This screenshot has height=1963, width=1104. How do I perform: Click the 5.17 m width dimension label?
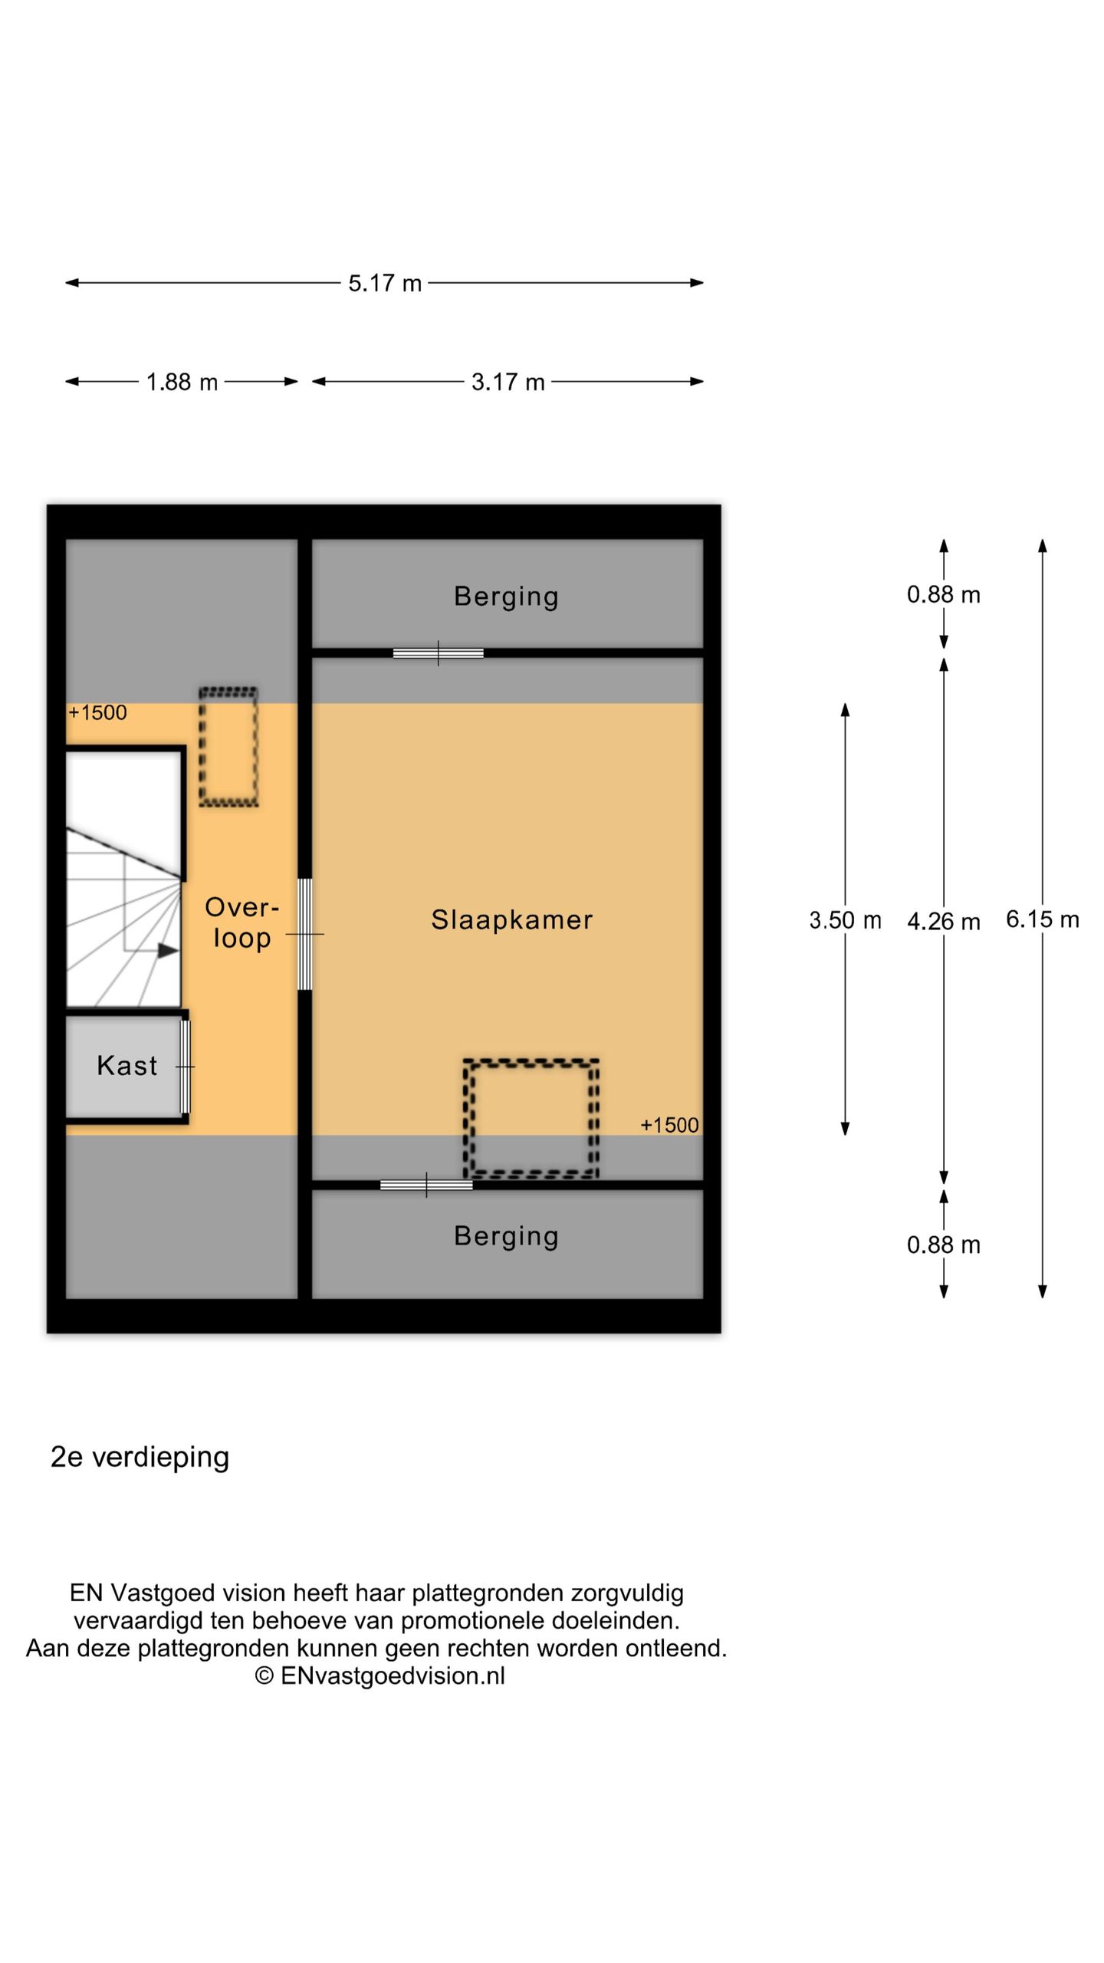point(385,283)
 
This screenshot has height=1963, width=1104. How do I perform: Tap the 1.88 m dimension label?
point(182,382)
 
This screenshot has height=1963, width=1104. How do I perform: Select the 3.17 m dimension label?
point(508,382)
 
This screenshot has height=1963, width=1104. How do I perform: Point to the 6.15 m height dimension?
point(1042,919)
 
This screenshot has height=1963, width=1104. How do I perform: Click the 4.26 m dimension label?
point(944,921)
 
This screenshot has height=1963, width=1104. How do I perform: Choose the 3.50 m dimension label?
point(845,919)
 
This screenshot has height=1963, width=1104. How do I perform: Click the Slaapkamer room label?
point(512,919)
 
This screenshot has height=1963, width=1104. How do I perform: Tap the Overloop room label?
point(242,922)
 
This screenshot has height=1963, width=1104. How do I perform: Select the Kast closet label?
point(127,1065)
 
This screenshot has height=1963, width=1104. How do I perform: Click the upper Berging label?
point(506,597)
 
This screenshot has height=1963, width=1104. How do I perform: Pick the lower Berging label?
point(506,1236)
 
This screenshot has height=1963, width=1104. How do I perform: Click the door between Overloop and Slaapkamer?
point(304,934)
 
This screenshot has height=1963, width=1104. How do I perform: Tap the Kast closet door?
point(185,1067)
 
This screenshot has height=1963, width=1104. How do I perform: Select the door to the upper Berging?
point(439,653)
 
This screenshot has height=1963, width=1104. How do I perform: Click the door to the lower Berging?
point(426,1185)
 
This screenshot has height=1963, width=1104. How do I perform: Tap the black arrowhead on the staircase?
point(168,951)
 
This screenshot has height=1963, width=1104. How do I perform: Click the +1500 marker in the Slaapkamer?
point(669,1125)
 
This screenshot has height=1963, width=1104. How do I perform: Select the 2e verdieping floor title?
point(140,1458)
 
